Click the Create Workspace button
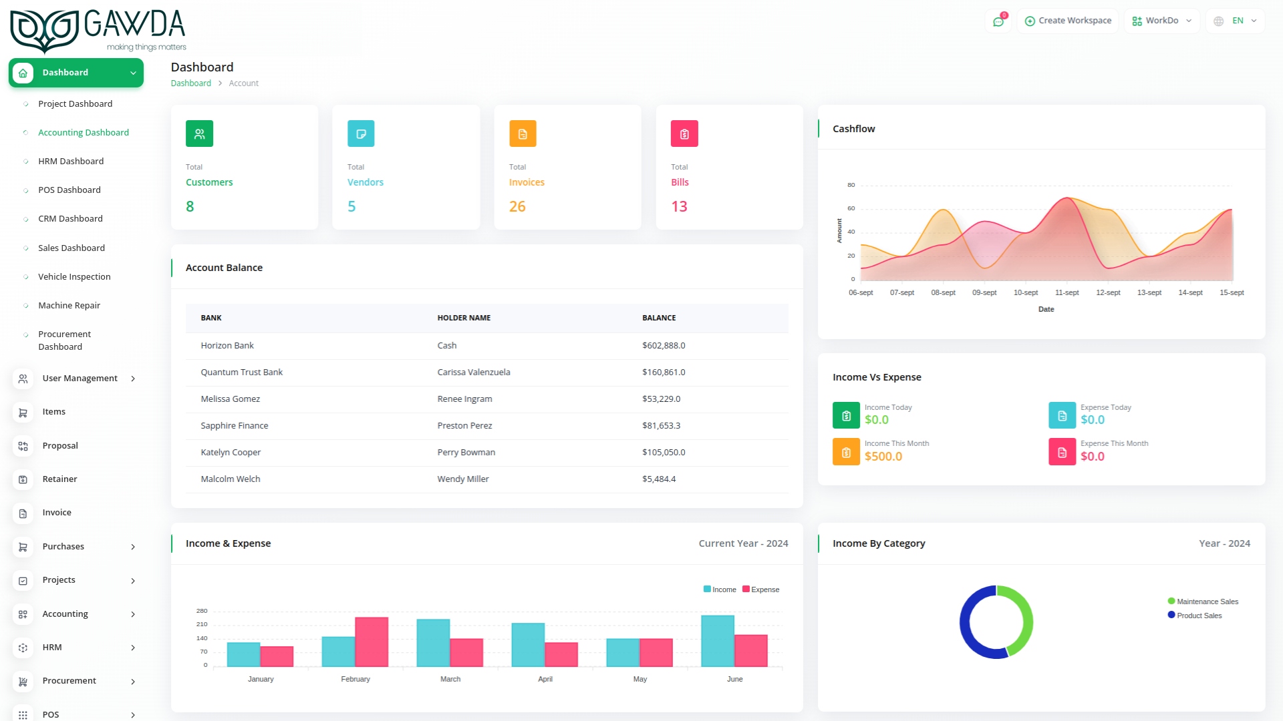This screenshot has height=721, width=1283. point(1068,21)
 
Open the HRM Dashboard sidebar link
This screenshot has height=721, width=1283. point(71,161)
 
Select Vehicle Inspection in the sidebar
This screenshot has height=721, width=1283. point(74,276)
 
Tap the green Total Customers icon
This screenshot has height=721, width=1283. point(199,134)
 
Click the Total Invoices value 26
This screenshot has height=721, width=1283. point(517,206)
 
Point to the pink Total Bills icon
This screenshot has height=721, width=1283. point(684,134)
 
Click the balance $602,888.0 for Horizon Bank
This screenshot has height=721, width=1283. point(664,345)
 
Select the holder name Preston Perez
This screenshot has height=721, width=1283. point(464,425)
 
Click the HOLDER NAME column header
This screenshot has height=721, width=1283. point(464,318)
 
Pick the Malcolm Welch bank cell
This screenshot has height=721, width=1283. point(231,479)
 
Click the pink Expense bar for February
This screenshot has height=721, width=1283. point(372,642)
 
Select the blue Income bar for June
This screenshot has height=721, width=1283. point(717,640)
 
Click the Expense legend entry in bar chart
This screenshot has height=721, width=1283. point(761,589)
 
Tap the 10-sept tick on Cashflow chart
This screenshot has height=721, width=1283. point(1026,292)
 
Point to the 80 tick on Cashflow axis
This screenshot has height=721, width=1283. point(851,185)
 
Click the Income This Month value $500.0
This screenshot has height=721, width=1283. point(883,457)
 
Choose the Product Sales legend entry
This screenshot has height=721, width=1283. point(1199,616)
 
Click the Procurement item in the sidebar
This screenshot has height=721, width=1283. point(69,680)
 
